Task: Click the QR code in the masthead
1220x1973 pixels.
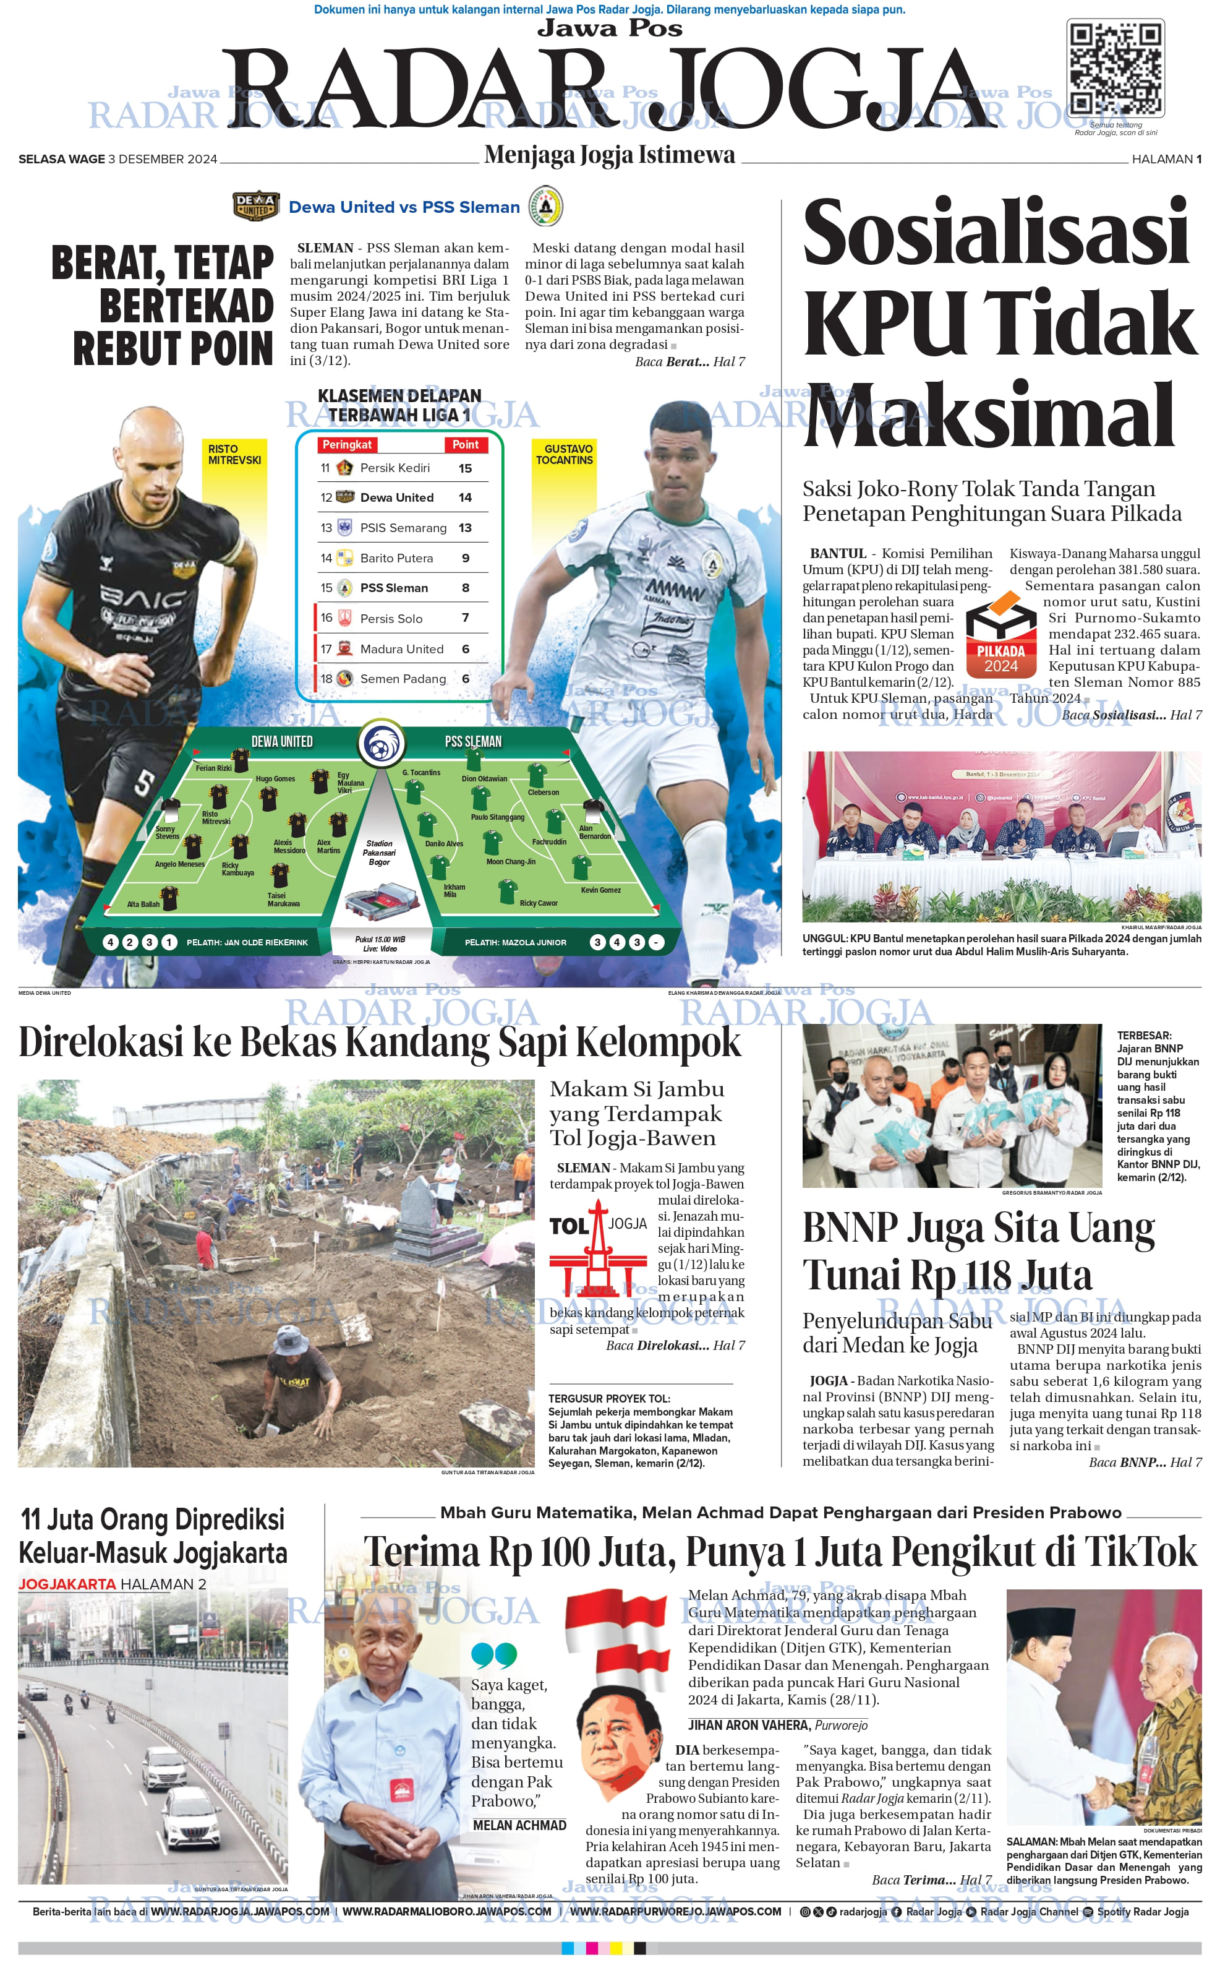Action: [x=1116, y=69]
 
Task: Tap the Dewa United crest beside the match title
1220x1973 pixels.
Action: [x=256, y=206]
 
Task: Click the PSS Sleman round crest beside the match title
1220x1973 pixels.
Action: [x=545, y=206]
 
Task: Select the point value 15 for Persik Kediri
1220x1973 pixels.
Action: [x=465, y=468]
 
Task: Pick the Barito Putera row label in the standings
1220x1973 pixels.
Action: [x=396, y=558]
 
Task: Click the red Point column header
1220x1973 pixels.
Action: [x=465, y=445]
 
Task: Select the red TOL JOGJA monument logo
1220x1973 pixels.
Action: [x=598, y=1247]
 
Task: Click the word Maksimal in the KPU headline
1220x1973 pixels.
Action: [x=988, y=415]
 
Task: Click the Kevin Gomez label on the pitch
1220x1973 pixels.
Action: [x=600, y=890]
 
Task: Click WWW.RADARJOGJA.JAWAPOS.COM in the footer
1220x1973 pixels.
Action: [x=240, y=1912]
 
